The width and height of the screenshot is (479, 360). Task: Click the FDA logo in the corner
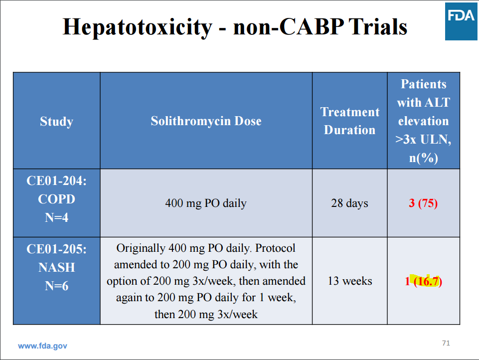(461, 20)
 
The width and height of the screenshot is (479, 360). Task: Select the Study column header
(56, 121)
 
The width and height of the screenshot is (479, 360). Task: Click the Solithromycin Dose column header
(206, 121)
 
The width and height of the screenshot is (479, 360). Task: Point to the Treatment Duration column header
(349, 121)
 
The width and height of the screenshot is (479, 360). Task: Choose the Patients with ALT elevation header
(423, 121)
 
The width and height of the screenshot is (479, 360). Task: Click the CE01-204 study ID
(56, 180)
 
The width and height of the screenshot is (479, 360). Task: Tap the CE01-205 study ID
(56, 249)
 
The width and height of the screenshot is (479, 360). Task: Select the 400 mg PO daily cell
(206, 203)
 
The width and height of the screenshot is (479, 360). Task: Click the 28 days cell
(349, 203)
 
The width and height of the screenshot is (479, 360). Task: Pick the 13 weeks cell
(349, 281)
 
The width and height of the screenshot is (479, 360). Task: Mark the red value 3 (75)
(423, 203)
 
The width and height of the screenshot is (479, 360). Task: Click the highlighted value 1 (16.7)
(423, 281)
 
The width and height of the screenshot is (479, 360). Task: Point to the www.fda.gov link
(42, 346)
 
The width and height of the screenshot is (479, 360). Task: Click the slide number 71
(446, 343)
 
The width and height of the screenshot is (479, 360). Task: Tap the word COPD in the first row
(56, 199)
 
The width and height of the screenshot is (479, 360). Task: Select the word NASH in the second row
(56, 267)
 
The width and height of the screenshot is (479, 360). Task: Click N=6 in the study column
(56, 286)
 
